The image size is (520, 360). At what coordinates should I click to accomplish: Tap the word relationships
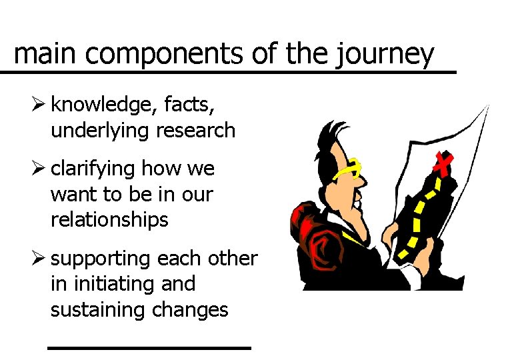click(x=109, y=220)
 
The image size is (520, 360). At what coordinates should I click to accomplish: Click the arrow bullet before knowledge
click(x=41, y=105)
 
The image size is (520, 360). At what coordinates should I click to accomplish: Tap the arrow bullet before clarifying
click(x=41, y=169)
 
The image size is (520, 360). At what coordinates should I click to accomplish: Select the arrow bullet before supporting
click(x=41, y=258)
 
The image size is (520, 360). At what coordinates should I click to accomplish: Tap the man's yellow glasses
click(x=349, y=171)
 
